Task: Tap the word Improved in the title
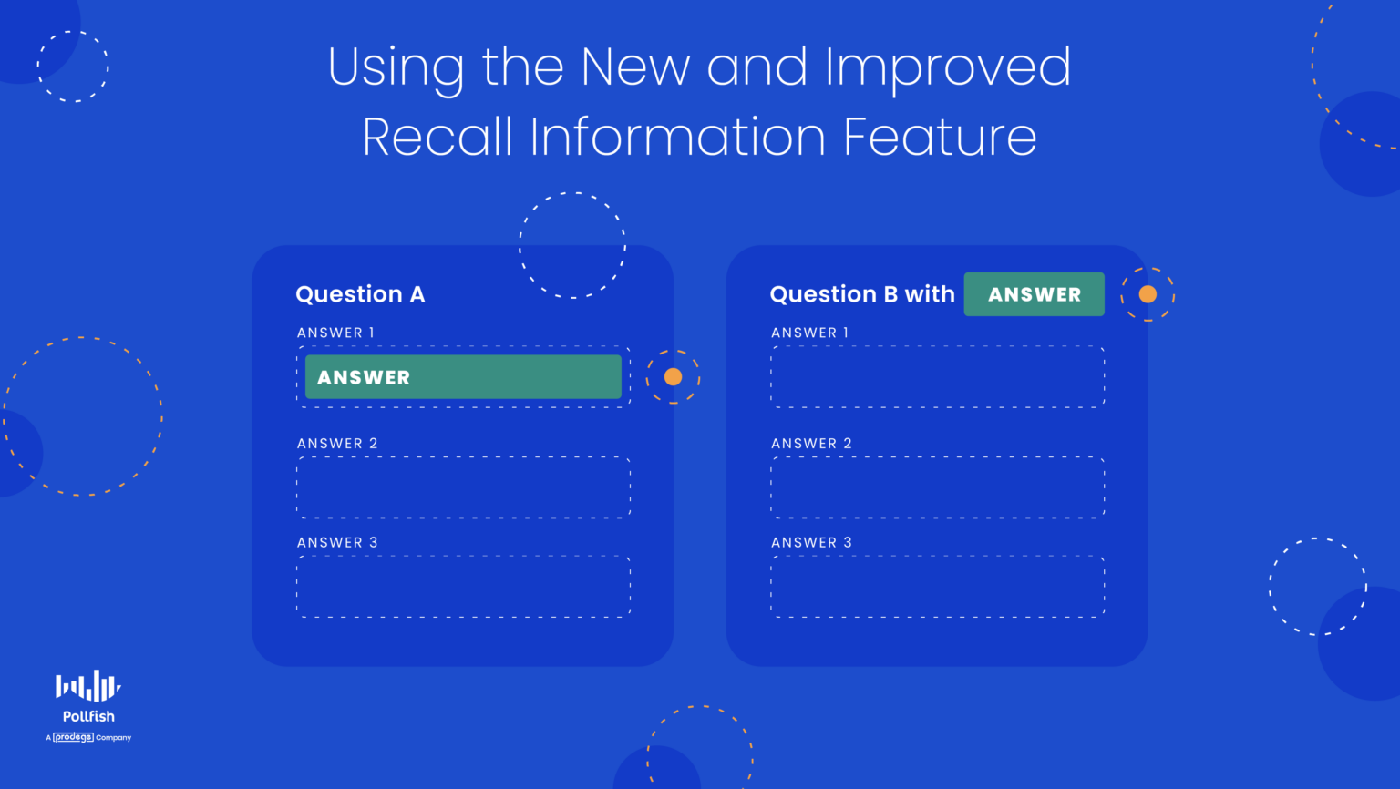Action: click(x=949, y=68)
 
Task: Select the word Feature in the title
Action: click(x=940, y=136)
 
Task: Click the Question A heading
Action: click(x=360, y=294)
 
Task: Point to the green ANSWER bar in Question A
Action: click(x=463, y=376)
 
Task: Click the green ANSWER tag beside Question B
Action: click(x=1035, y=294)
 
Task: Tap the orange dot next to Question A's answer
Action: click(x=674, y=376)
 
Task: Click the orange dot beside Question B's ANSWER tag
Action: click(x=1148, y=294)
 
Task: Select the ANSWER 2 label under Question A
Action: click(x=337, y=444)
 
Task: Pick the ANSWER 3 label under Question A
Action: click(x=337, y=542)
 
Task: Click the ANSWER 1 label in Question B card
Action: click(x=810, y=333)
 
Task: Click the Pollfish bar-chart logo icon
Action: click(x=87, y=685)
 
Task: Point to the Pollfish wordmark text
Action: click(x=88, y=716)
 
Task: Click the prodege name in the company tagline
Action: click(x=73, y=737)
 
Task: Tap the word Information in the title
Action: click(x=677, y=136)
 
